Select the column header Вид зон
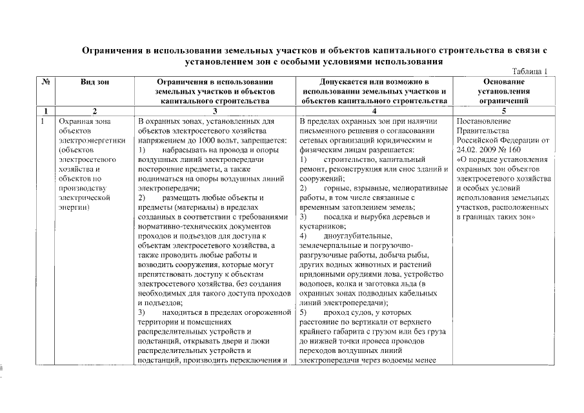[x=95, y=82]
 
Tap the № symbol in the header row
[x=46, y=82]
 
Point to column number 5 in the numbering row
[x=503, y=111]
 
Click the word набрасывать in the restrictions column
[x=183, y=149]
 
